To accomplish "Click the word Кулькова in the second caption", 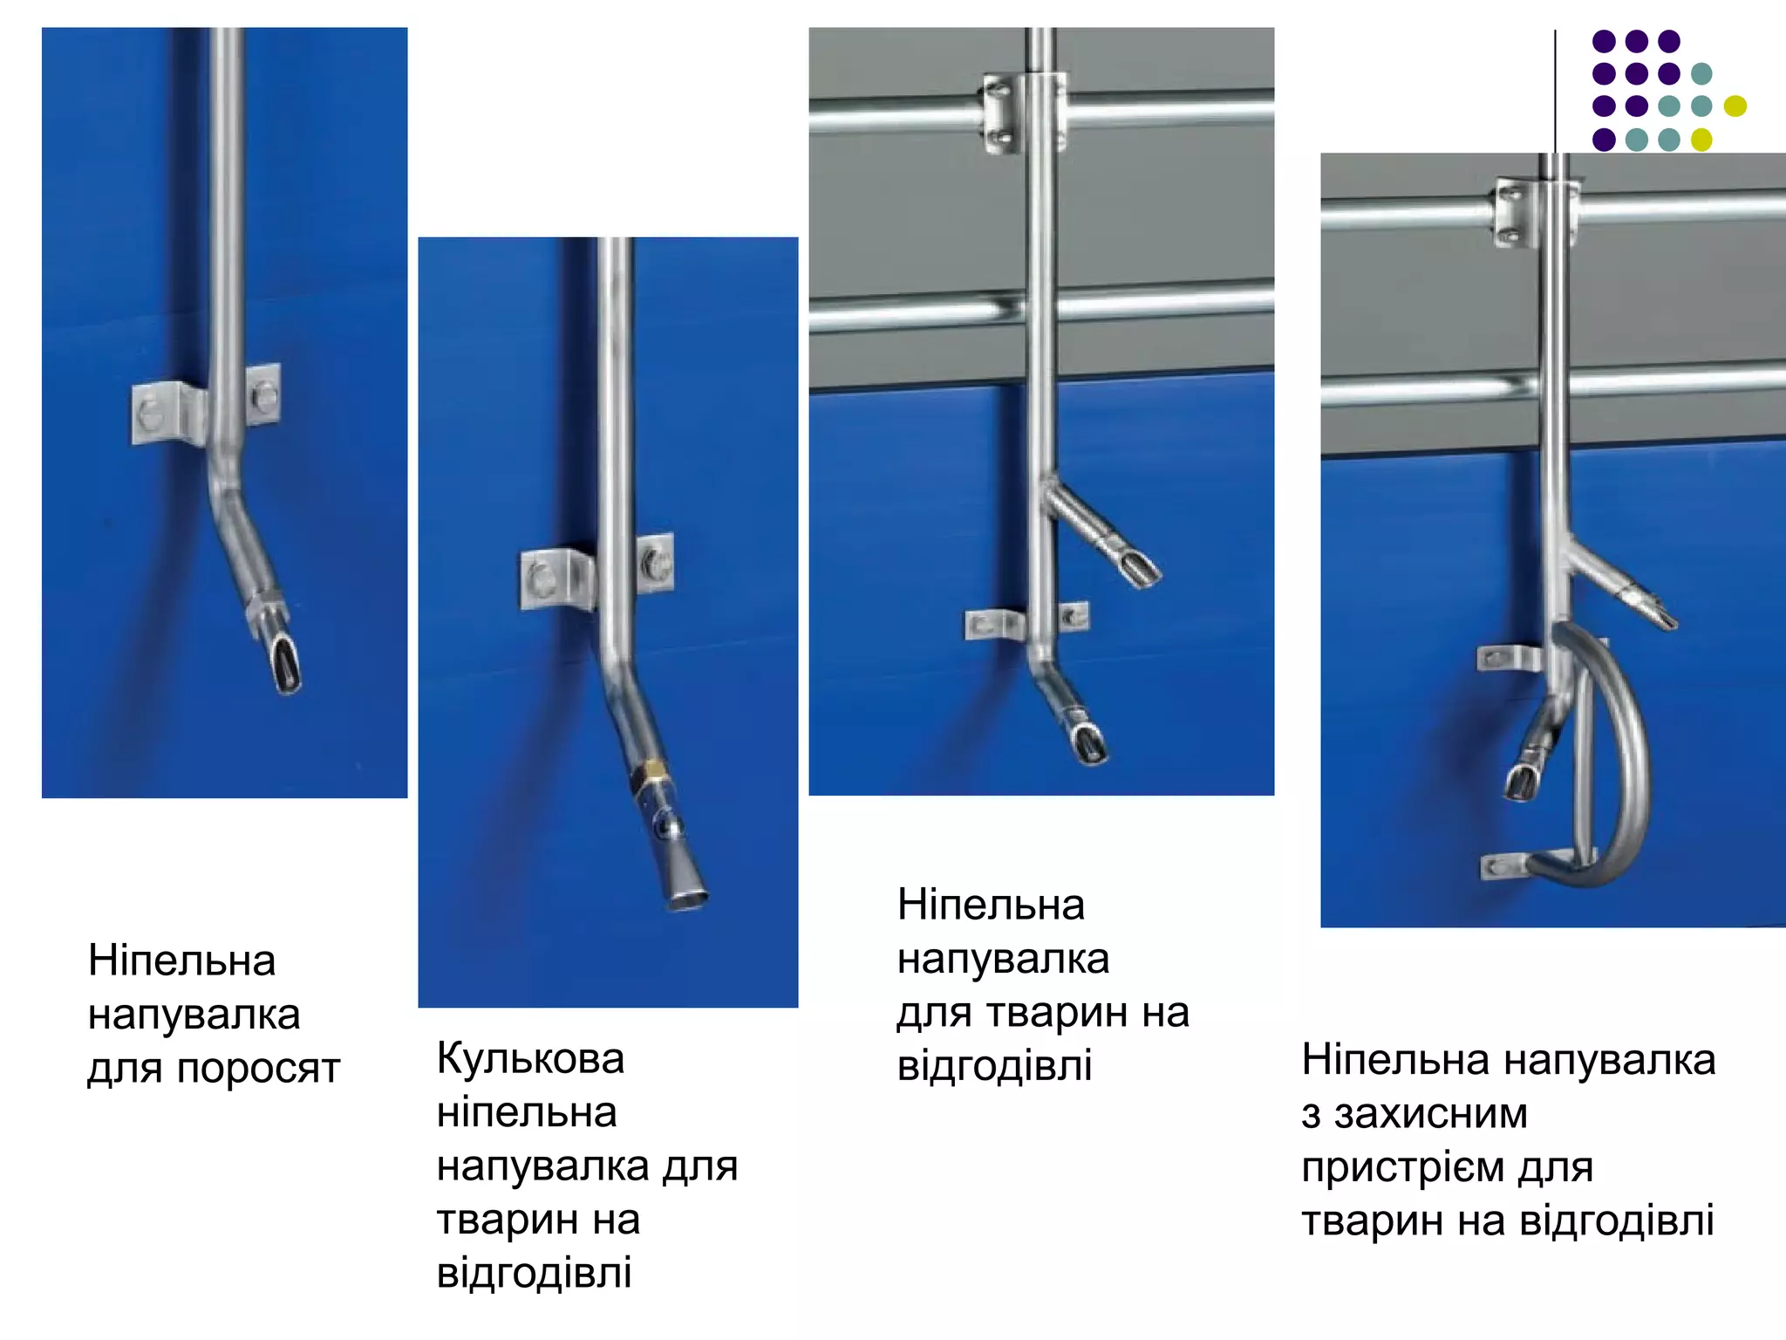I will point(530,1060).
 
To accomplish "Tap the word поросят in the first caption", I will point(258,1070).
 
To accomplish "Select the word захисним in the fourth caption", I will point(1430,1114).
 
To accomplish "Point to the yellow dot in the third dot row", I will point(1735,106).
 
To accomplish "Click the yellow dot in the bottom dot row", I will point(1701,140).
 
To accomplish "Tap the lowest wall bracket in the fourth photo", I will point(1502,866).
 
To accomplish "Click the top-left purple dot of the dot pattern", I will point(1603,41).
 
